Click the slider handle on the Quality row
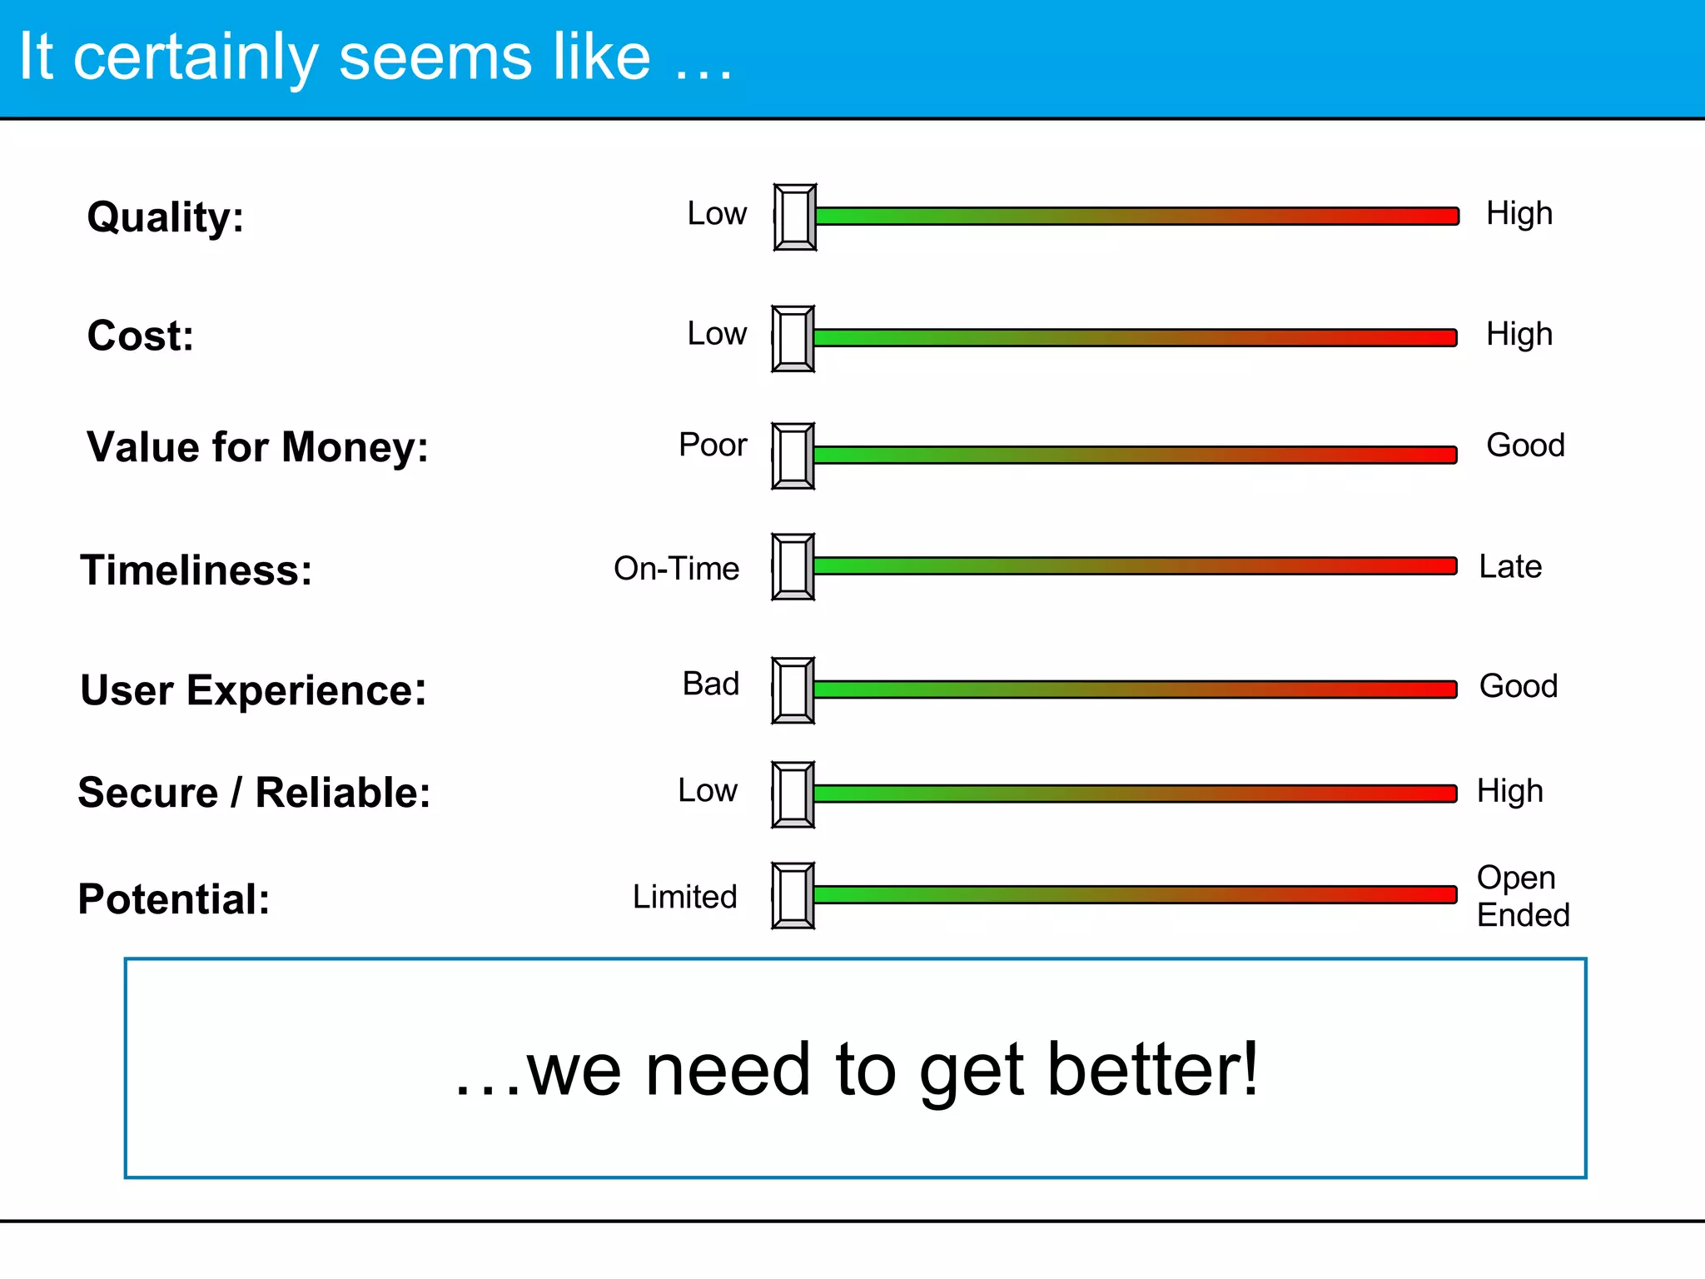[795, 217]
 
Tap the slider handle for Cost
[793, 339]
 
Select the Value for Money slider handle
[793, 456]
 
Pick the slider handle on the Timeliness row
[793, 567]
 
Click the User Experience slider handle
[793, 690]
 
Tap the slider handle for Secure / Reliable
[793, 794]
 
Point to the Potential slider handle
[793, 896]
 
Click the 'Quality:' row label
[166, 218]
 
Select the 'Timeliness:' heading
[196, 571]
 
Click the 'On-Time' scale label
[676, 569]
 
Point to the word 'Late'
[1510, 567]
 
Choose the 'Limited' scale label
[684, 897]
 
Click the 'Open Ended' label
[1523, 897]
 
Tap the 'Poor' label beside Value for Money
[713, 445]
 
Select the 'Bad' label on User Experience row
[711, 684]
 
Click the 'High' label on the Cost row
[1519, 335]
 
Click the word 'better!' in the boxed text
[1152, 1070]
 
